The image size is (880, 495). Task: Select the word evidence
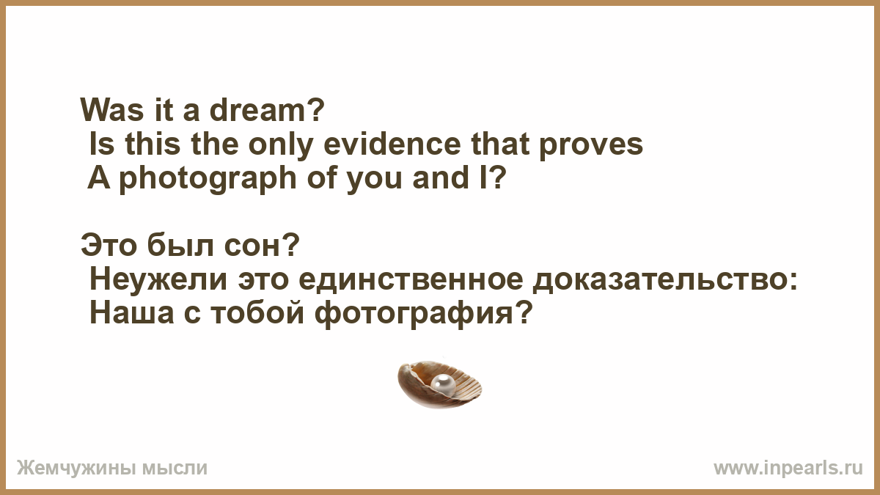tap(392, 144)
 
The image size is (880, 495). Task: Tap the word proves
tap(591, 147)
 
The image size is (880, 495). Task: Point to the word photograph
tap(208, 180)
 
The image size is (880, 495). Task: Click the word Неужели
tap(158, 280)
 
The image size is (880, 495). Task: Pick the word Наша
tap(131, 314)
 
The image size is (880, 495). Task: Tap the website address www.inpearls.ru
tap(788, 468)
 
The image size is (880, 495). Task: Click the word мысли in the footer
tap(174, 469)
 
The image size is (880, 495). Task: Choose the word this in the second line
tap(153, 144)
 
